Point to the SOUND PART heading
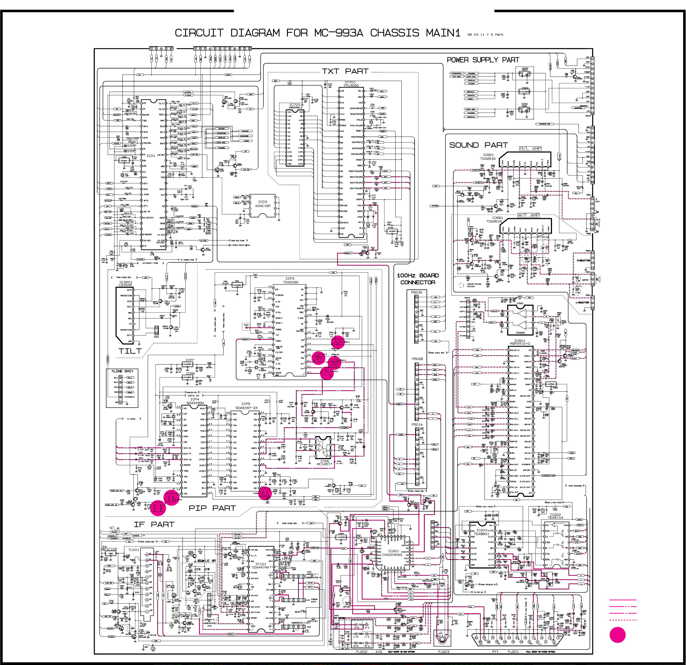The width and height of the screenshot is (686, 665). point(478,145)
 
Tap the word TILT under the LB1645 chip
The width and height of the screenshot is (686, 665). point(130,351)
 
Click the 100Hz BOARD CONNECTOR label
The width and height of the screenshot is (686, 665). point(418,279)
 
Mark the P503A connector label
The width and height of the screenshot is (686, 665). point(416,292)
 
